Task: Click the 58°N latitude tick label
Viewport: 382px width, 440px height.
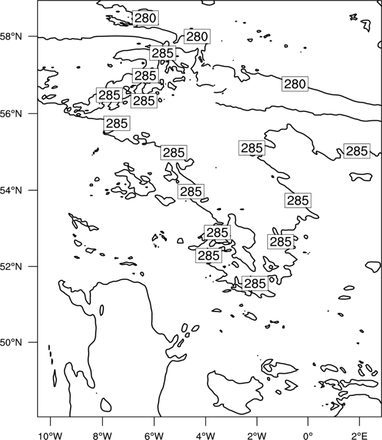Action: [11, 36]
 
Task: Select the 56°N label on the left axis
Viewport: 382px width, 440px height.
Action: [11, 114]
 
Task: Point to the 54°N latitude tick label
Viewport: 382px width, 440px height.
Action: [11, 190]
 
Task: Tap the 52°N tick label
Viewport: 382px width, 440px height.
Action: [11, 266]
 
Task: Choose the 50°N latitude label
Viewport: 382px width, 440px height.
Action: [11, 343]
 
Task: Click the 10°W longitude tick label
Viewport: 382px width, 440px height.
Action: [51, 436]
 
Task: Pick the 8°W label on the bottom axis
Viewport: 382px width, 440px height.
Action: [102, 436]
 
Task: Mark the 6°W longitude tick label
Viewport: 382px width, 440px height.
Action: [154, 436]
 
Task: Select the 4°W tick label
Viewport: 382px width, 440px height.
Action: [205, 436]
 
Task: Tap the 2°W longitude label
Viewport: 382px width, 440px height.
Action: [257, 436]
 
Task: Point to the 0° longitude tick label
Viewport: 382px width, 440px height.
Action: [308, 436]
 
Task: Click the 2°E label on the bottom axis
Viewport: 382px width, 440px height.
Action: [360, 436]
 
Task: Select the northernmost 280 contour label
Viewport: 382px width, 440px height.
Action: [145, 18]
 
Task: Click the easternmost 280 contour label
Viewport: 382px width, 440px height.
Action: [295, 84]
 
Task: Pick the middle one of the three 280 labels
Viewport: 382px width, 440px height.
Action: [197, 36]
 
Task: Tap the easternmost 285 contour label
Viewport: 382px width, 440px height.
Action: [357, 151]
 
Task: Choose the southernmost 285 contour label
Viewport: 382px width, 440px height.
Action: [255, 283]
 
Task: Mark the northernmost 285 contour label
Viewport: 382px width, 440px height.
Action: [163, 53]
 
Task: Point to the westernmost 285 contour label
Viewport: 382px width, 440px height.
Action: [109, 95]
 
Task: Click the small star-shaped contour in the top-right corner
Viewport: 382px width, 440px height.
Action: [353, 18]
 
